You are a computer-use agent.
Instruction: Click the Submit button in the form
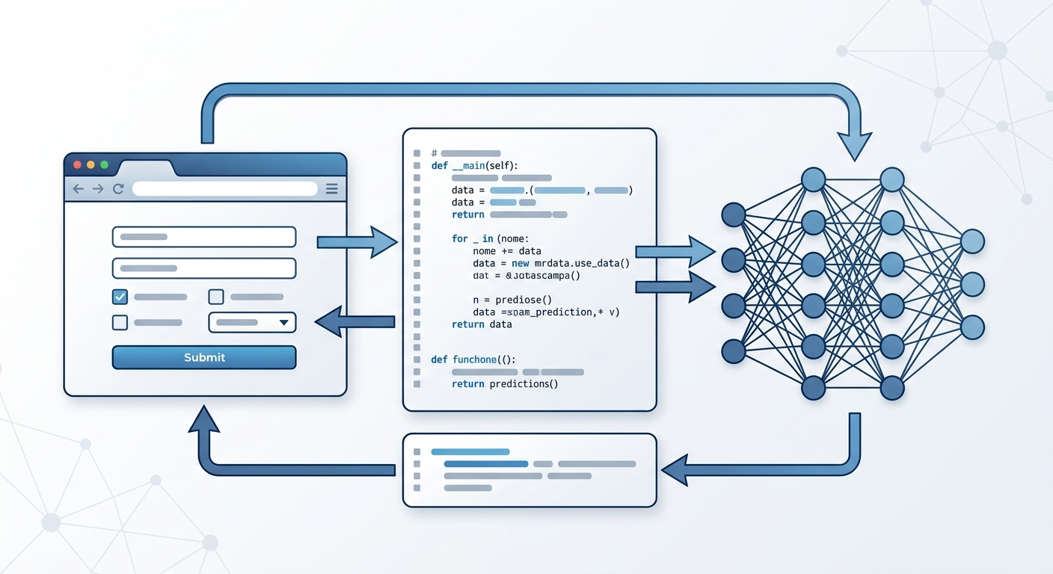tap(204, 357)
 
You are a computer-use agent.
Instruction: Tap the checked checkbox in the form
tap(120, 297)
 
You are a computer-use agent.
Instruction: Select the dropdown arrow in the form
tap(283, 323)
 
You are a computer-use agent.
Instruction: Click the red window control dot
tap(76, 164)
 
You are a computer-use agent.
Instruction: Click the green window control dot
tap(104, 164)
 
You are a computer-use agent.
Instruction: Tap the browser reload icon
tap(117, 189)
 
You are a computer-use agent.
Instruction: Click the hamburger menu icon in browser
tap(332, 189)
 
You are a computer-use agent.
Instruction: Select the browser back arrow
tap(78, 189)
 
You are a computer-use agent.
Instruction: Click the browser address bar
tap(224, 189)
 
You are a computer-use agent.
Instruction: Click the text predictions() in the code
tap(524, 384)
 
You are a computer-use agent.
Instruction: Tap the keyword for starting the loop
tap(459, 238)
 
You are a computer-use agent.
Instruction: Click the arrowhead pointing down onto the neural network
tap(854, 146)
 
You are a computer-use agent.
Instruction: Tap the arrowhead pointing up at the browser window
tap(203, 421)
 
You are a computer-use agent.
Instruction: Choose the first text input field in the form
tap(204, 237)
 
